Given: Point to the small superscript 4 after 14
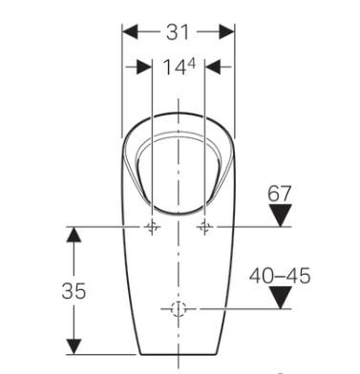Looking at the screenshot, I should click(x=190, y=63).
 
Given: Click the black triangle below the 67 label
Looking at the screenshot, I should click(x=278, y=217).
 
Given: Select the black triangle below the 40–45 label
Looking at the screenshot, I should click(x=278, y=298).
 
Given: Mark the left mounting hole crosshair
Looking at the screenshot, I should click(x=152, y=228).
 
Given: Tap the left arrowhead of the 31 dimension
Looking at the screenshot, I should click(x=129, y=31).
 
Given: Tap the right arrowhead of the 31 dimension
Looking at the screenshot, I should click(x=229, y=31).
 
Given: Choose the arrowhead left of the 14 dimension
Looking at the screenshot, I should click(x=144, y=68).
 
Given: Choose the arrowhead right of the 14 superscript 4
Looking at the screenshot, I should click(x=214, y=68).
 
